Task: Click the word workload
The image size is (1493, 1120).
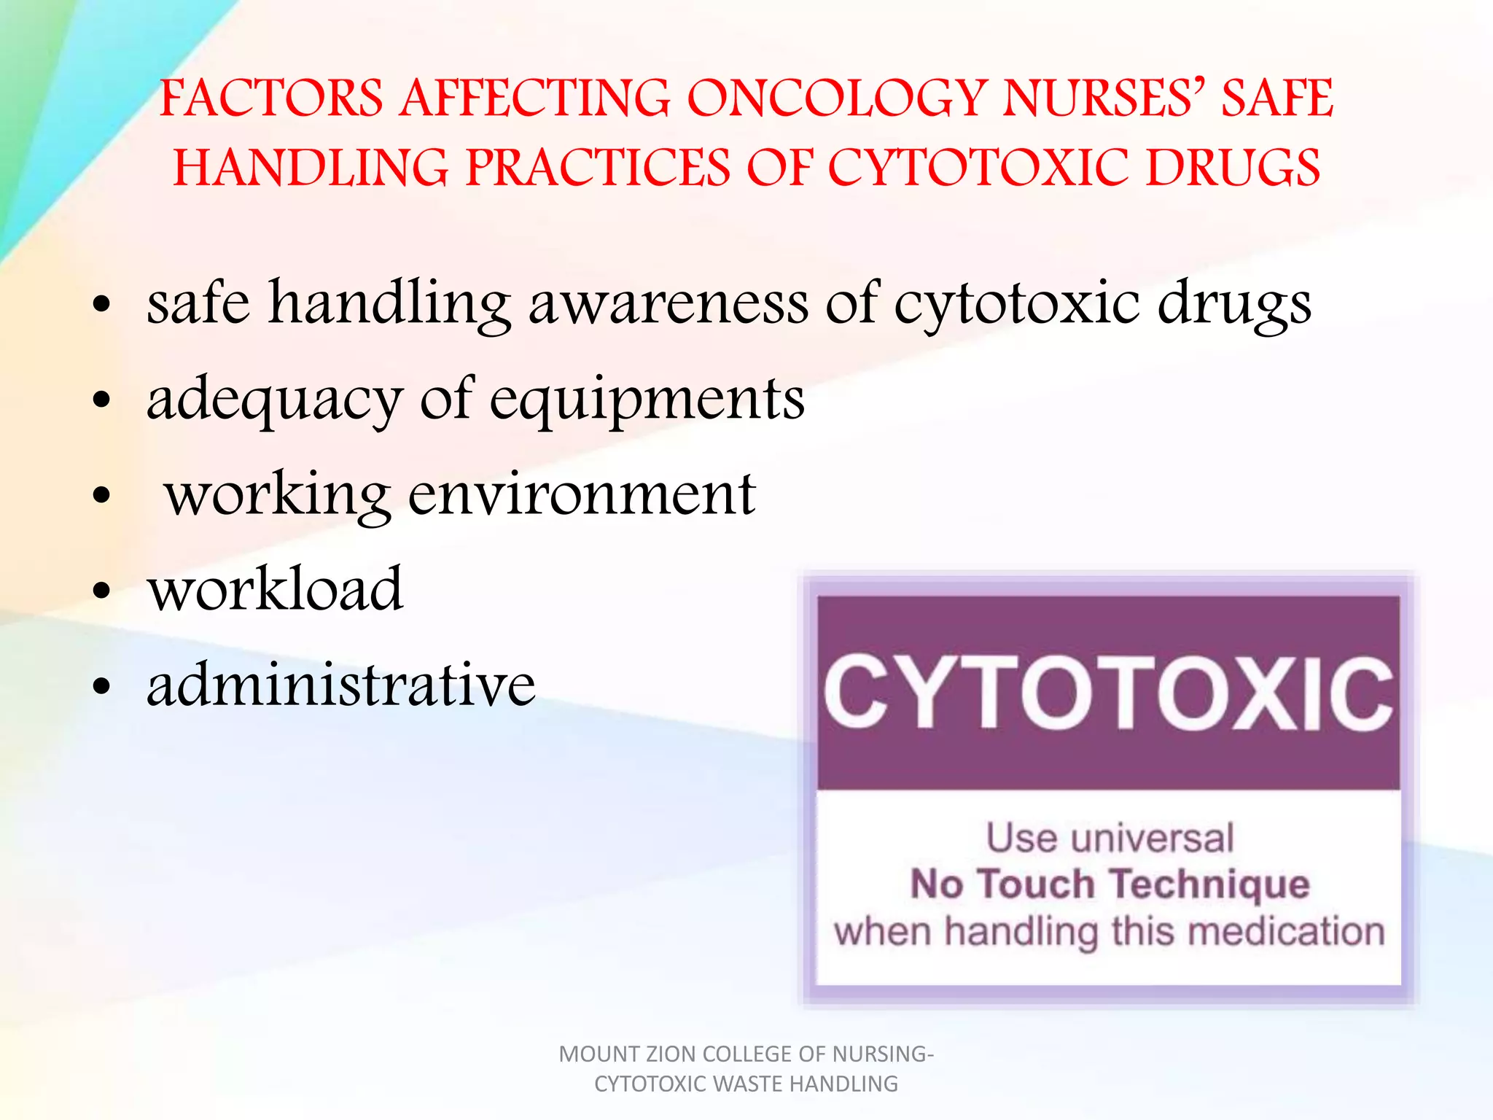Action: (x=275, y=589)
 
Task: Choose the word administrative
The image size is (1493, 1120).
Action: (x=341, y=685)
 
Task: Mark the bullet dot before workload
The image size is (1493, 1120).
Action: (x=102, y=591)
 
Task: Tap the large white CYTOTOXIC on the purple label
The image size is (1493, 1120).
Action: (x=1108, y=693)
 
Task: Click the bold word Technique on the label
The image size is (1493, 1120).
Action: (x=1211, y=884)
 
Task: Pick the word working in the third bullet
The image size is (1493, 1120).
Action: (x=277, y=496)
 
